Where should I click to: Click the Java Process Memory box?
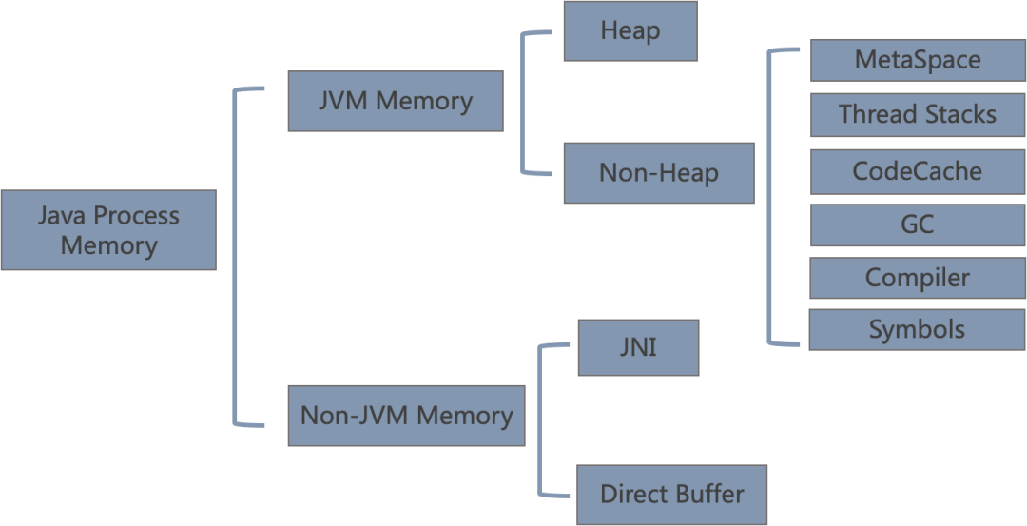pos(108,230)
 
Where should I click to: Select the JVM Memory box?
pos(396,101)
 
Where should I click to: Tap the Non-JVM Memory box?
pos(406,416)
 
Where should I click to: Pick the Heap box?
pos(630,30)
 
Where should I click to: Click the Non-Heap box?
pos(658,173)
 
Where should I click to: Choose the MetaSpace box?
pos(917,60)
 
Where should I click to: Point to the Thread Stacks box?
pos(917,115)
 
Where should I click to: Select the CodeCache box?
pos(917,171)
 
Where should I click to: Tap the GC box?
pos(917,224)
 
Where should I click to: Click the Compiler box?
pos(917,278)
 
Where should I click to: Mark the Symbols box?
pos(917,330)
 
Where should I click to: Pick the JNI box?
pos(638,347)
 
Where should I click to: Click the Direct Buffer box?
pos(671,495)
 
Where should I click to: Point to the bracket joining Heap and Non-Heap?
pos(523,103)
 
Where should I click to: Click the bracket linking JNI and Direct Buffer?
pos(540,419)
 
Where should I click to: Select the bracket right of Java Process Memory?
pos(235,257)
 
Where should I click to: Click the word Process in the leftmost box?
pos(136,216)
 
